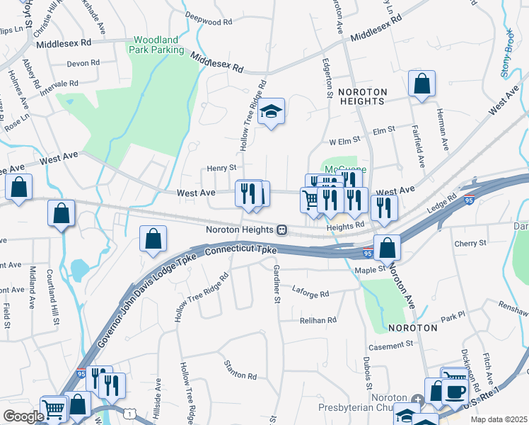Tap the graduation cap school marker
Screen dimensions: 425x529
270,112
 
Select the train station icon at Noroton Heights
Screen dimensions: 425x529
281,230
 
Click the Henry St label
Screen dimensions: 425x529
221,168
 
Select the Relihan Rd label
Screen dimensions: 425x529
318,320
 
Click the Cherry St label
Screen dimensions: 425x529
471,243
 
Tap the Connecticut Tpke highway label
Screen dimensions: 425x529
245,251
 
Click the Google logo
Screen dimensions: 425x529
23,416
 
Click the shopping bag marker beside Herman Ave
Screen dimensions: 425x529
422,84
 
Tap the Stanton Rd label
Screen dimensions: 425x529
240,375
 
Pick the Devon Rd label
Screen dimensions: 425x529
83,63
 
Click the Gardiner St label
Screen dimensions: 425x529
274,284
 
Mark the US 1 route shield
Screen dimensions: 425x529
130,412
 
